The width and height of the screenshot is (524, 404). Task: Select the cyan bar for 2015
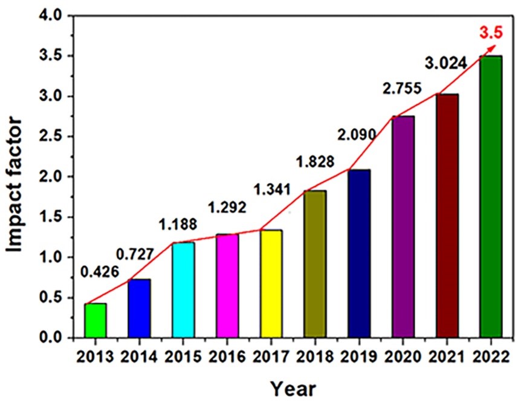click(x=183, y=289)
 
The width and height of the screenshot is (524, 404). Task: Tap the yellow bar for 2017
click(x=271, y=283)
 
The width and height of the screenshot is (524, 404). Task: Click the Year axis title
click(x=293, y=387)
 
